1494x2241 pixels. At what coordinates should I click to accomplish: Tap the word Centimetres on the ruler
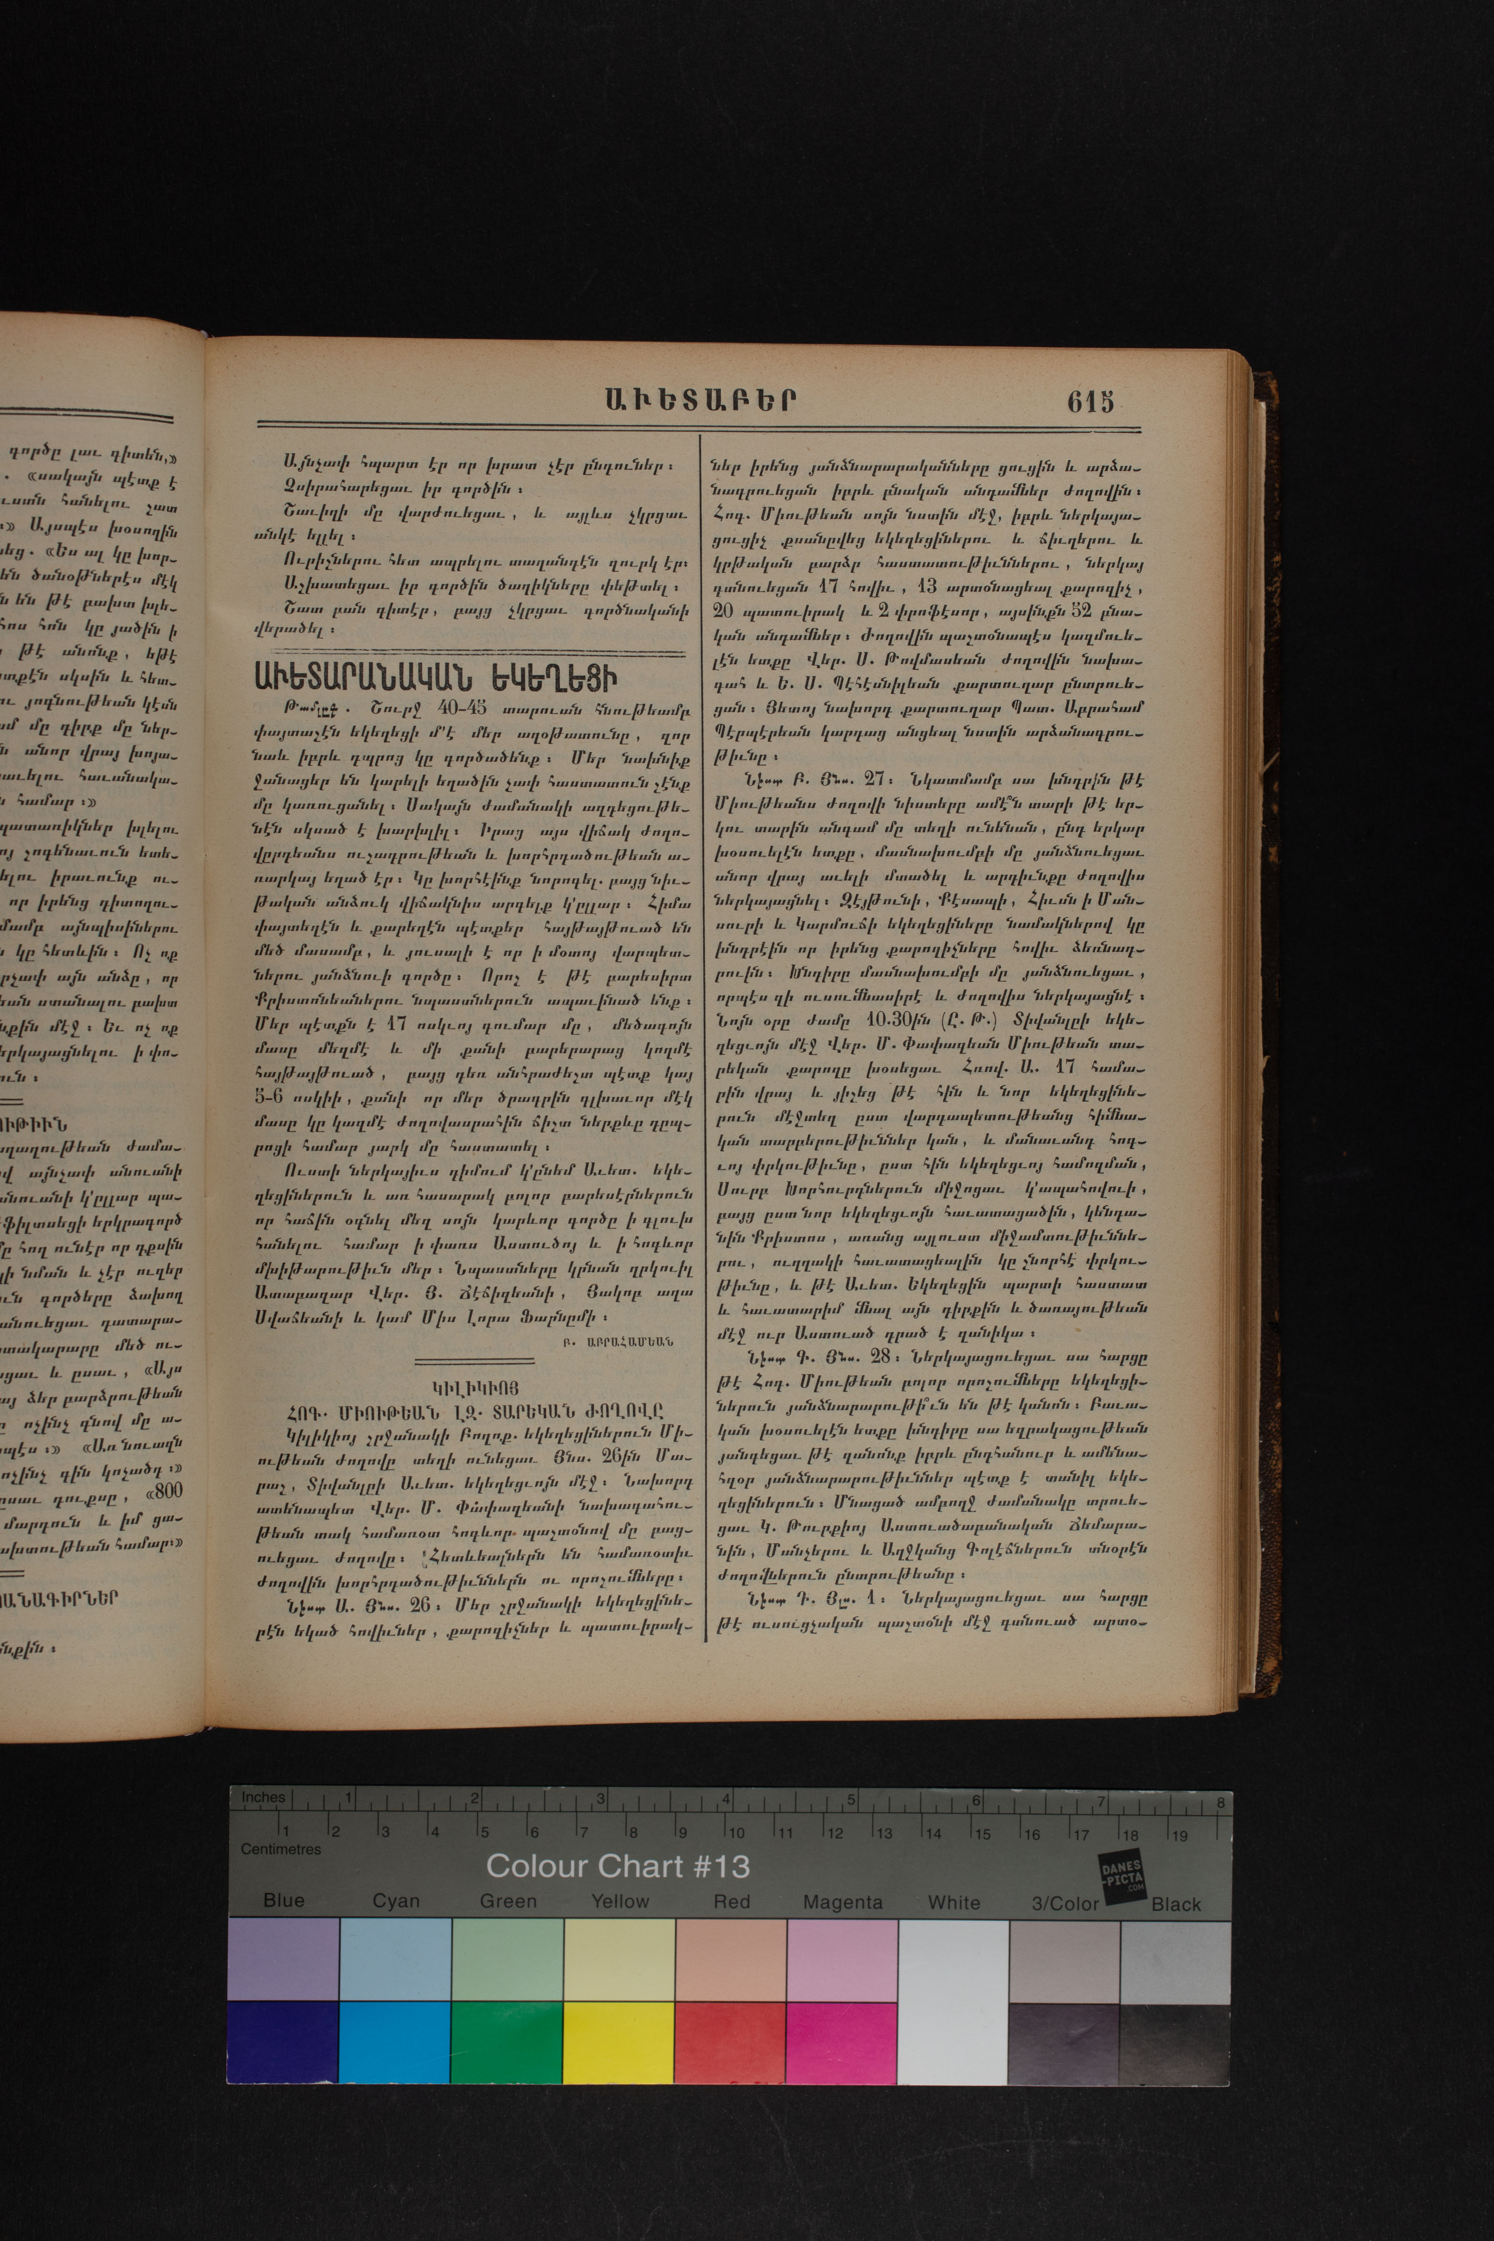(281, 1848)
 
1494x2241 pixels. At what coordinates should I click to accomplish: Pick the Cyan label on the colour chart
(396, 1901)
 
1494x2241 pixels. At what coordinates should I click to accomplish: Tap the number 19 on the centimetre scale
(1179, 1834)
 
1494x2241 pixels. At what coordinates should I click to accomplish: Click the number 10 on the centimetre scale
(736, 1832)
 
